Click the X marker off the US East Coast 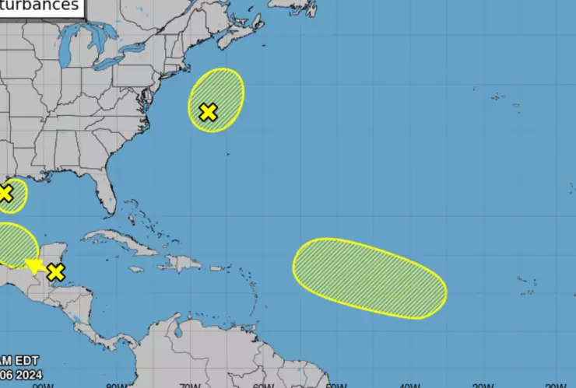click(208, 112)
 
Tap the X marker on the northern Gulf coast click(5, 193)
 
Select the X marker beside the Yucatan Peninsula click(55, 272)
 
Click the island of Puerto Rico click(216, 269)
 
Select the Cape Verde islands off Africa click(528, 286)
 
